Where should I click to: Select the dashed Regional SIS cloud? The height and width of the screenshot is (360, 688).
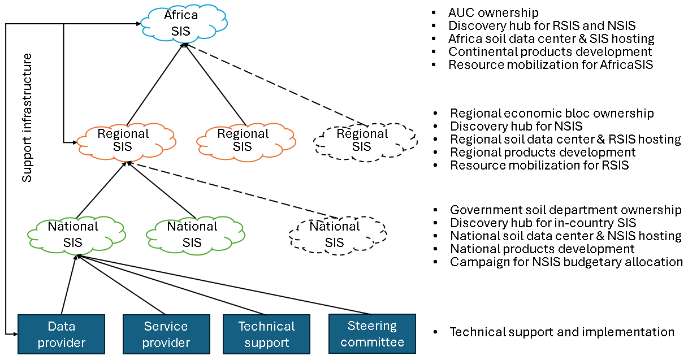362,141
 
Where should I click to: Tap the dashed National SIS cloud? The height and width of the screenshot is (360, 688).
335,235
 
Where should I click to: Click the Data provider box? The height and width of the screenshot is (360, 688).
62,334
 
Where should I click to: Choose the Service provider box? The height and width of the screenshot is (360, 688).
166,334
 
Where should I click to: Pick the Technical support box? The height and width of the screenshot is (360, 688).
266,334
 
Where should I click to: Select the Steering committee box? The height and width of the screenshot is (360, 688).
372,334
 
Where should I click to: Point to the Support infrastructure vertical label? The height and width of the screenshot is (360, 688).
27,118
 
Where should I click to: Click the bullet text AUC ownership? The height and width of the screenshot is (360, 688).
493,12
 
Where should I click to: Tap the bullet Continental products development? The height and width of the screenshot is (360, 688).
550,51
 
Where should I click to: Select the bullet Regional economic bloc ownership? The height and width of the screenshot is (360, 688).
552,113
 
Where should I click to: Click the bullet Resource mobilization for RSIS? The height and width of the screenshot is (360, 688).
539,165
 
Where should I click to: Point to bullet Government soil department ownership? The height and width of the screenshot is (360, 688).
565,210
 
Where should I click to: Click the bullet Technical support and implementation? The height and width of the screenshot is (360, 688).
562,332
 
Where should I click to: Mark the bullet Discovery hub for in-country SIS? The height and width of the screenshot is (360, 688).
543,223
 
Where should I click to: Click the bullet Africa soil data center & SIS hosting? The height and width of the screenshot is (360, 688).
551,38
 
